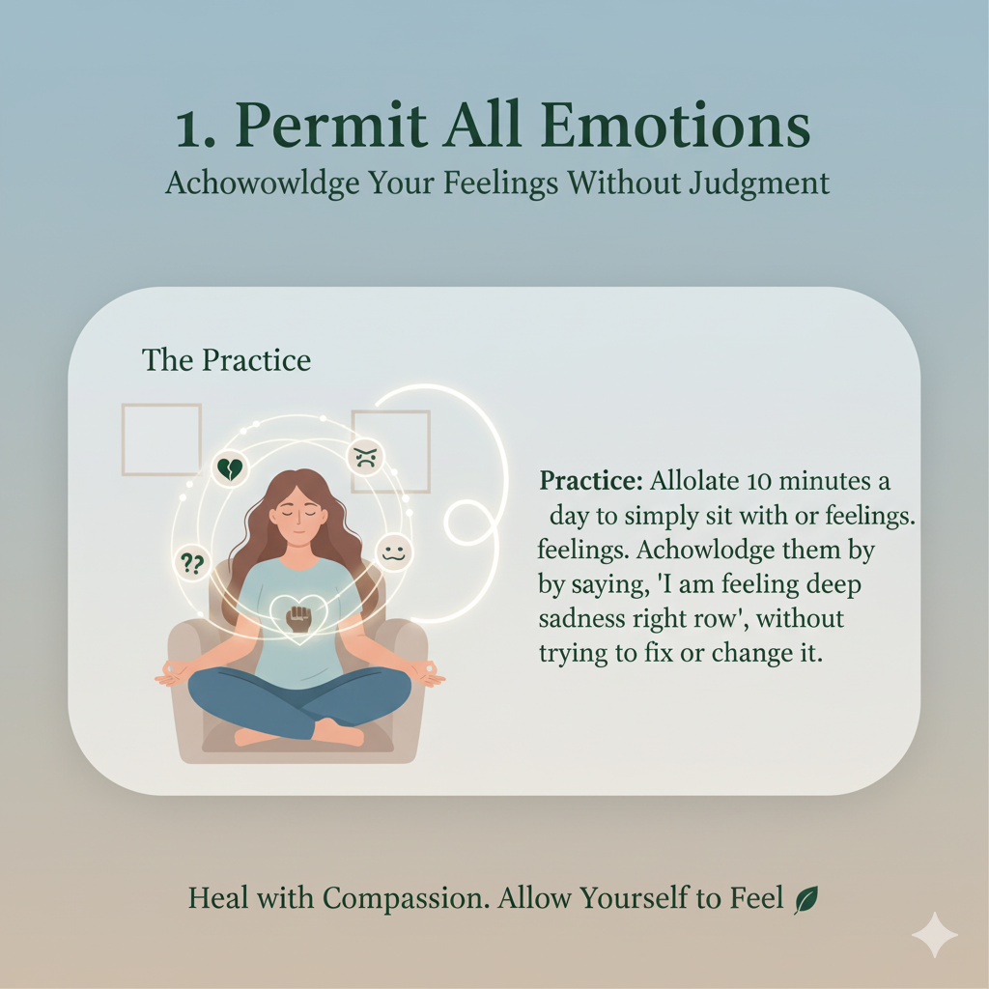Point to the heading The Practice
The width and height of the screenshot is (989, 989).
226,360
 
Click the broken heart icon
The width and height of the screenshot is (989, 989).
230,470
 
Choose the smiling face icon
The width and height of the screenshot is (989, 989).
393,552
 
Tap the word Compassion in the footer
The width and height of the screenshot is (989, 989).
406,899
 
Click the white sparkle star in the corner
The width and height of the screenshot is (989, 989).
935,935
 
